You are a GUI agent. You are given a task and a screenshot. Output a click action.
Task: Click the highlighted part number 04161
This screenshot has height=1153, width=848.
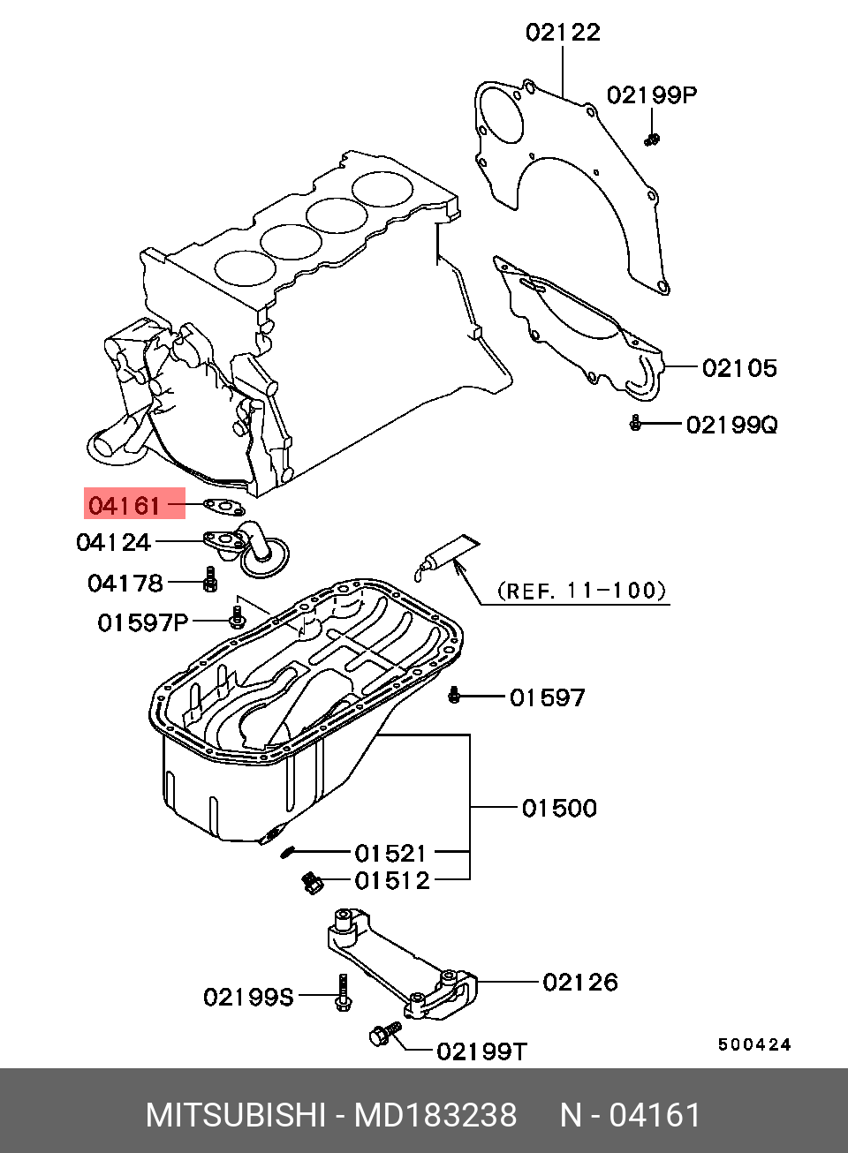point(124,506)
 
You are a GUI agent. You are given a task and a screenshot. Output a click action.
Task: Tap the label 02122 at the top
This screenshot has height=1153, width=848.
point(563,33)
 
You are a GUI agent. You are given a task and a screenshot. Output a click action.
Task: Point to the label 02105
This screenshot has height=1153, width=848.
point(739,367)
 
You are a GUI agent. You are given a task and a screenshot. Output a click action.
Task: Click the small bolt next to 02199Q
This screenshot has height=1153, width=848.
point(635,425)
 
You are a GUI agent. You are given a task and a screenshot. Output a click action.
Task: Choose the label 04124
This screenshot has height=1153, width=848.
point(113,542)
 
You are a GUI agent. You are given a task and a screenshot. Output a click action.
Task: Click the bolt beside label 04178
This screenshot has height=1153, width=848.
point(209,580)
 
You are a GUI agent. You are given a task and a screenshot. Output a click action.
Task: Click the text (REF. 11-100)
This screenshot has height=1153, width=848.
point(580,590)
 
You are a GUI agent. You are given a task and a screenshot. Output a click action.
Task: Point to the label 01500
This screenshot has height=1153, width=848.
point(559,808)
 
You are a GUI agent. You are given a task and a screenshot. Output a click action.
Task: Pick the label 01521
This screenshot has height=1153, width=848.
point(390,854)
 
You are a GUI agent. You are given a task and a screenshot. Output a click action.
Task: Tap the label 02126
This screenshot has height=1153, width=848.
point(580,982)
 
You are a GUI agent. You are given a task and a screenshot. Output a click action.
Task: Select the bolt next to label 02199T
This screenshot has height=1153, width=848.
point(381,1037)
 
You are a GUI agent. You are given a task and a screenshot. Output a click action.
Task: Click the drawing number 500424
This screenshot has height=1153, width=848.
point(753,1045)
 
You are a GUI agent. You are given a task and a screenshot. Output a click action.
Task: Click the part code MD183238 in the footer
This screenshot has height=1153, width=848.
point(435,1116)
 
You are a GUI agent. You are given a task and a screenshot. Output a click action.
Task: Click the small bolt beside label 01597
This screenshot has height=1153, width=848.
point(455,697)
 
